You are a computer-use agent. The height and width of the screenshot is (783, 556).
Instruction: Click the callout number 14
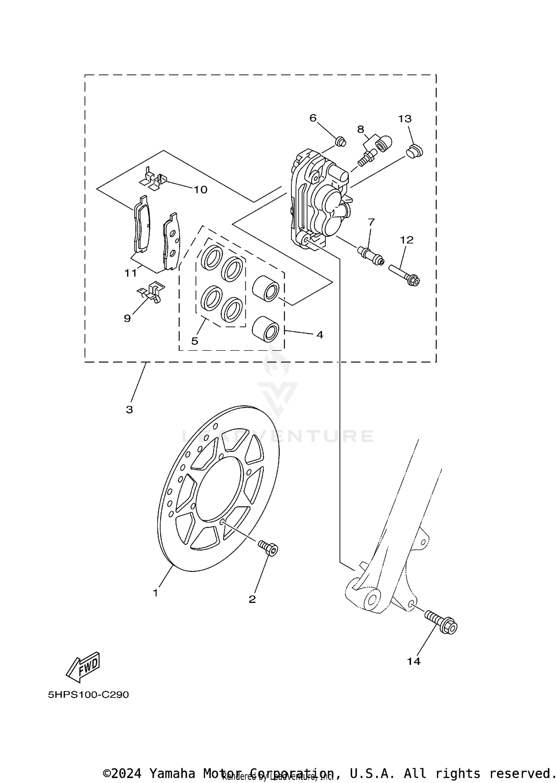tap(414, 661)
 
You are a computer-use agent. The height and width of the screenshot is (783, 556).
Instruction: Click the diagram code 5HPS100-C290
tap(88, 695)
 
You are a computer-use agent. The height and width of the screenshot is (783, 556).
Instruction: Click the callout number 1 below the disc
tap(155, 593)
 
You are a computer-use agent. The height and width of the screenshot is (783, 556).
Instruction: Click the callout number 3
tap(129, 410)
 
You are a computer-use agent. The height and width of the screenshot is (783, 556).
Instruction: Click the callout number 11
tap(130, 273)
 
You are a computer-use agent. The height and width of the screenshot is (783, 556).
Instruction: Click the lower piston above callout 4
tap(265, 328)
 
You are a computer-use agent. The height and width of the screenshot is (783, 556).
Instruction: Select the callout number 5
tap(195, 341)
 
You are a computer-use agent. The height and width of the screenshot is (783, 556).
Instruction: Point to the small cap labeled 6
tap(340, 141)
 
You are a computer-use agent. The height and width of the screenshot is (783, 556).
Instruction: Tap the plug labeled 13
tap(414, 151)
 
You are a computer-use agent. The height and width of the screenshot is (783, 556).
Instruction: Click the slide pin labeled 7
tap(370, 255)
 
